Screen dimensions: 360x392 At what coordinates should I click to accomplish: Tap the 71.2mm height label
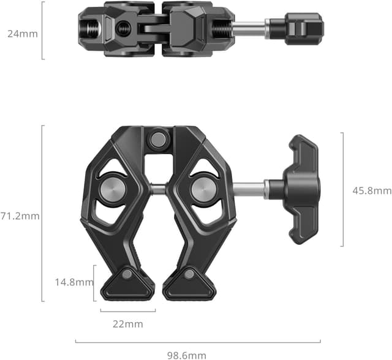[x=20, y=216]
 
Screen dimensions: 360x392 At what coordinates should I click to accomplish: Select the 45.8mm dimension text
[x=372, y=191]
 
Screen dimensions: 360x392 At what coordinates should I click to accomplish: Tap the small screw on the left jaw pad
[x=127, y=275]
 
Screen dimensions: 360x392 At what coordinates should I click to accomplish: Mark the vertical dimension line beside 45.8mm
[x=342, y=190]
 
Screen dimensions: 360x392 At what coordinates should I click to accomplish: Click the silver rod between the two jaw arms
[x=157, y=189]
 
